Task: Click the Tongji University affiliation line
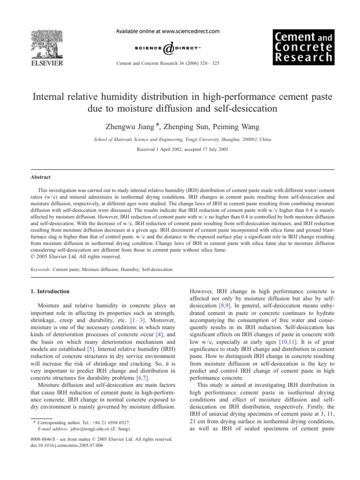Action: [x=180, y=139]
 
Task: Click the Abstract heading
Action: [x=38, y=178]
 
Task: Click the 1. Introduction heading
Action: [x=50, y=291]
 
